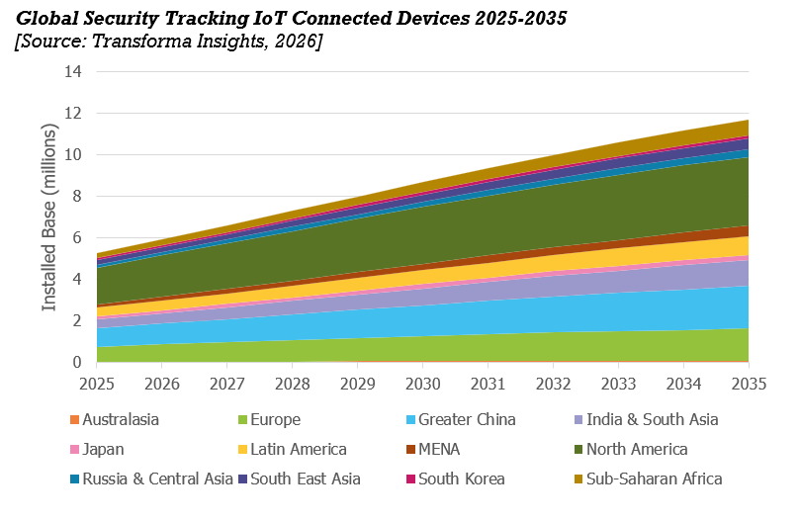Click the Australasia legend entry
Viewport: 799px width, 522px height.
pyautogui.click(x=115, y=419)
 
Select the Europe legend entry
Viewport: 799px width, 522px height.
pyautogui.click(x=270, y=419)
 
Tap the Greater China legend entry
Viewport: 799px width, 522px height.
pyautogui.click(x=461, y=419)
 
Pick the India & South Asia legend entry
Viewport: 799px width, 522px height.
pyautogui.click(x=647, y=419)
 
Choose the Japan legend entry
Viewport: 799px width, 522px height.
pyautogui.click(x=97, y=449)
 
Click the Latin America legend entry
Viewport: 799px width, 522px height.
pyautogui.click(x=293, y=449)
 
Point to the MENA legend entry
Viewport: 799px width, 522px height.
pyautogui.click(x=433, y=449)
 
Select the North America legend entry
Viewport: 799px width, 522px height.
pyautogui.click(x=631, y=449)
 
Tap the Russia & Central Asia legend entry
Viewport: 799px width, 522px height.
pyautogui.click(x=151, y=478)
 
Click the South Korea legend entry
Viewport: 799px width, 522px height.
pyautogui.click(x=456, y=478)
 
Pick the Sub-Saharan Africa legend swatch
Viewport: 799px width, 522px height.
pyautogui.click(x=578, y=479)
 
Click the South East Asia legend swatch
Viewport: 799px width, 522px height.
pyautogui.click(x=242, y=479)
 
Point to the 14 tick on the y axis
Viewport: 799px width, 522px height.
pyautogui.click(x=73, y=71)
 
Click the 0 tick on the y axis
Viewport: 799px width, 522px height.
pyautogui.click(x=77, y=362)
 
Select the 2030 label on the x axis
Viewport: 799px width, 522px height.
pyautogui.click(x=422, y=384)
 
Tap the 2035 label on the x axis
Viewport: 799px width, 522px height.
pyautogui.click(x=749, y=384)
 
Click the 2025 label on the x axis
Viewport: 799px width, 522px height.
pyautogui.click(x=97, y=384)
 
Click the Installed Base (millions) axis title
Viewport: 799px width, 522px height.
pyautogui.click(x=48, y=217)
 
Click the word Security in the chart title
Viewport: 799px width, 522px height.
pyautogui.click(x=120, y=19)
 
